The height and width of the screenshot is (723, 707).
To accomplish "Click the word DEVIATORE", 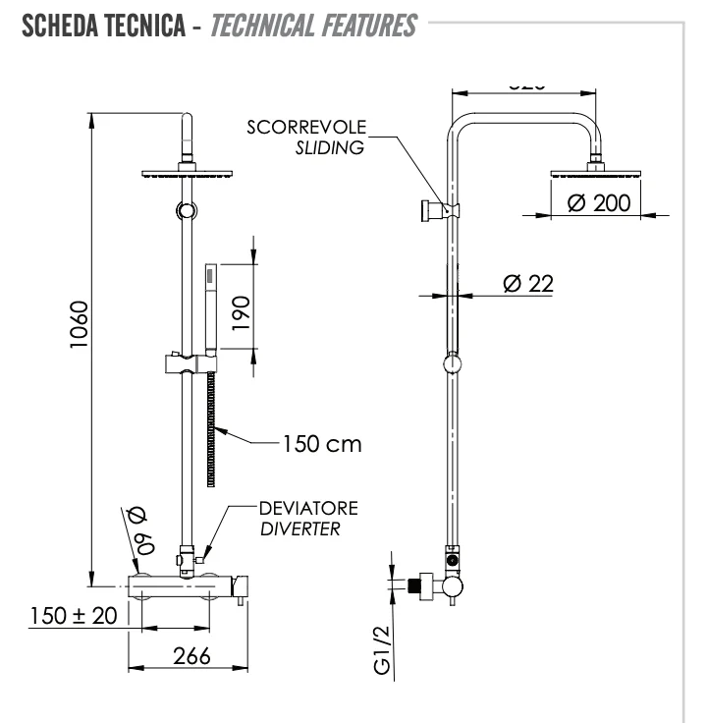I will coord(307,508).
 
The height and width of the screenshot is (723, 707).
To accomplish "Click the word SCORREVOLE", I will coord(306,128).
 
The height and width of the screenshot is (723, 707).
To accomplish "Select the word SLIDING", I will coord(330,147).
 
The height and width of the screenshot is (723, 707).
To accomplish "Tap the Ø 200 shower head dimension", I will coord(599,203).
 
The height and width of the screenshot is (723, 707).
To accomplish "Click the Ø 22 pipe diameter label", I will coord(527,283).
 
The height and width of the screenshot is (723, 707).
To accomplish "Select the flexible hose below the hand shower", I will coord(211,432).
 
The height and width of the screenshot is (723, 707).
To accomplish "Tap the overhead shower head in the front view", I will coord(185,174).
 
